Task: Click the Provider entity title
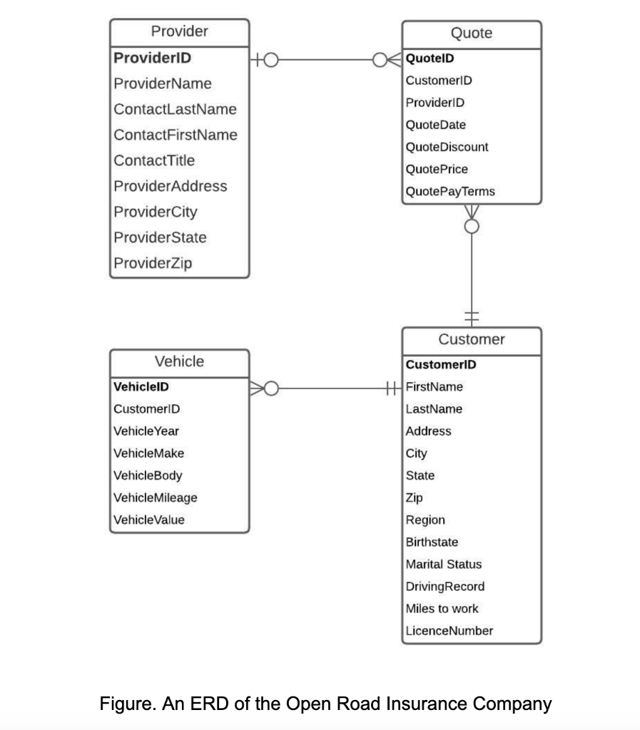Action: coord(179,31)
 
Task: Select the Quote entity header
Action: coord(472,33)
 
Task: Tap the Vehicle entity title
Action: coord(179,361)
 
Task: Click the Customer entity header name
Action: coord(472,339)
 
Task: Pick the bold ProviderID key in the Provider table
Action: coord(152,57)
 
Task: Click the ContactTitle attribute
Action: coord(154,160)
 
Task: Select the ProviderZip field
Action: coord(153,263)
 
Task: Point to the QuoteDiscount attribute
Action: coord(447,147)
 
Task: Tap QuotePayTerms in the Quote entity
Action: coord(449,192)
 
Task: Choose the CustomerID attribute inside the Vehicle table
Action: coord(146,409)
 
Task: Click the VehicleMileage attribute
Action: coord(156,498)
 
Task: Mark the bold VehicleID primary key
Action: coord(141,387)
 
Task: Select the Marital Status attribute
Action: coord(443,564)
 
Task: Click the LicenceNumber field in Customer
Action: coord(449,631)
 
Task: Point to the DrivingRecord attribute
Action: coord(445,587)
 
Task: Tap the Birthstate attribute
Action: coord(432,542)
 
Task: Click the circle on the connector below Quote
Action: coord(471,226)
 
